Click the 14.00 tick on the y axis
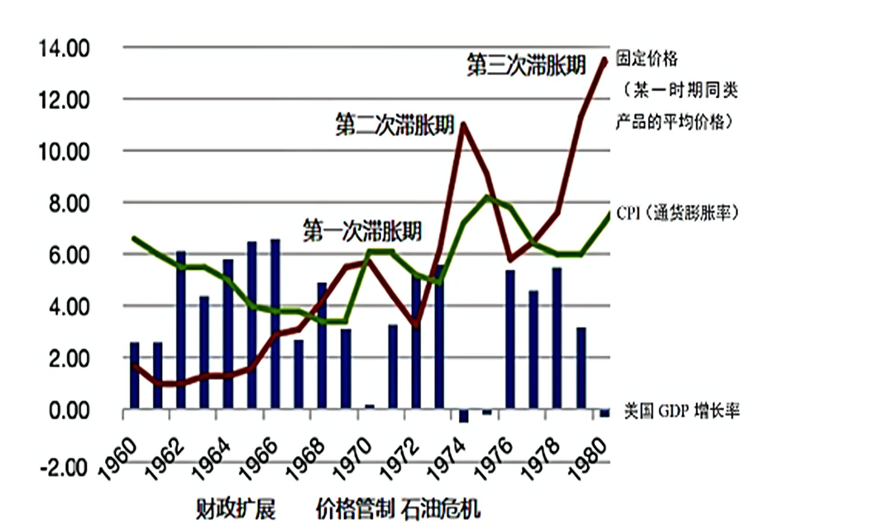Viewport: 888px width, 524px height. point(64,49)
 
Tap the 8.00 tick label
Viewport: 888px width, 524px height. point(69,204)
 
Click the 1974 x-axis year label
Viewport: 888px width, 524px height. point(446,459)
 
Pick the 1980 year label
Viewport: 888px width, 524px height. point(588,459)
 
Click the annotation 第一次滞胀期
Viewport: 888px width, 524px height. point(362,231)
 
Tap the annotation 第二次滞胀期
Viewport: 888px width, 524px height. point(395,124)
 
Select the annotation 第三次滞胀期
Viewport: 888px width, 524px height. point(527,65)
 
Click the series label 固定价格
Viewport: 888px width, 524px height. point(647,59)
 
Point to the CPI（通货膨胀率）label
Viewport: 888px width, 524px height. point(677,213)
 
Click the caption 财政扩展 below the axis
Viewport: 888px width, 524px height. point(236,509)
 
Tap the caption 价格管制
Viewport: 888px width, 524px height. point(355,509)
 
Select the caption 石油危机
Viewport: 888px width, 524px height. point(441,509)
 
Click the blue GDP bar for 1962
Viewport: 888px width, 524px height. point(181,330)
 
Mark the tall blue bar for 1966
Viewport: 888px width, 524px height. point(275,324)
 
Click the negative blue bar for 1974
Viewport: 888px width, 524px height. point(464,416)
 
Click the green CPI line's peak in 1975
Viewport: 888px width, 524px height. point(486,197)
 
